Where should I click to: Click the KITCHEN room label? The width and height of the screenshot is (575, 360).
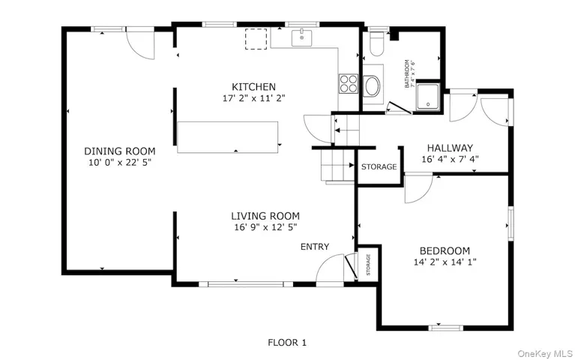click(x=253, y=87)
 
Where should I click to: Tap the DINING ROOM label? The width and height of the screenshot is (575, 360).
click(x=119, y=151)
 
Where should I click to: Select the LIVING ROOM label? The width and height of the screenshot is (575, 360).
click(x=265, y=216)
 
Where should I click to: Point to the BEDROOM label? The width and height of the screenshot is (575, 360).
click(x=445, y=251)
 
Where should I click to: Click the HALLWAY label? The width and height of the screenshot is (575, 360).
click(x=450, y=148)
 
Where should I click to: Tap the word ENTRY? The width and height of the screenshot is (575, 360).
click(x=315, y=247)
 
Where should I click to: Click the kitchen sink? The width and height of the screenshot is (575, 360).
click(x=301, y=37)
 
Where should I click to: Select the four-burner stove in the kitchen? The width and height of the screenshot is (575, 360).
click(x=348, y=84)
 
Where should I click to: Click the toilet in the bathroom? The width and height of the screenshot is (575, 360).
click(x=376, y=43)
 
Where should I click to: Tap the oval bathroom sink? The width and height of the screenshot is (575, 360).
click(x=372, y=86)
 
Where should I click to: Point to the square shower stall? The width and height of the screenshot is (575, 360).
click(x=428, y=97)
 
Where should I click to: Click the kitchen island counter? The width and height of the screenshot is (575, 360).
click(x=227, y=137)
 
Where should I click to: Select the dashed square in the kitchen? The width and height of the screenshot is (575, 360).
click(x=256, y=39)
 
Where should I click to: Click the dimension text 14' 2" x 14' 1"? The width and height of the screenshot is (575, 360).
click(x=445, y=262)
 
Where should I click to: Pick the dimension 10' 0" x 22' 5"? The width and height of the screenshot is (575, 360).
click(x=119, y=163)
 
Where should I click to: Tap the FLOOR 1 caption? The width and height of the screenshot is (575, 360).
click(x=287, y=343)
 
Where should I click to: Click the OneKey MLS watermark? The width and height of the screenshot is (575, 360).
click(x=545, y=354)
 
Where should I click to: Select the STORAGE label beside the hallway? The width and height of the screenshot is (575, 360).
click(x=379, y=167)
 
